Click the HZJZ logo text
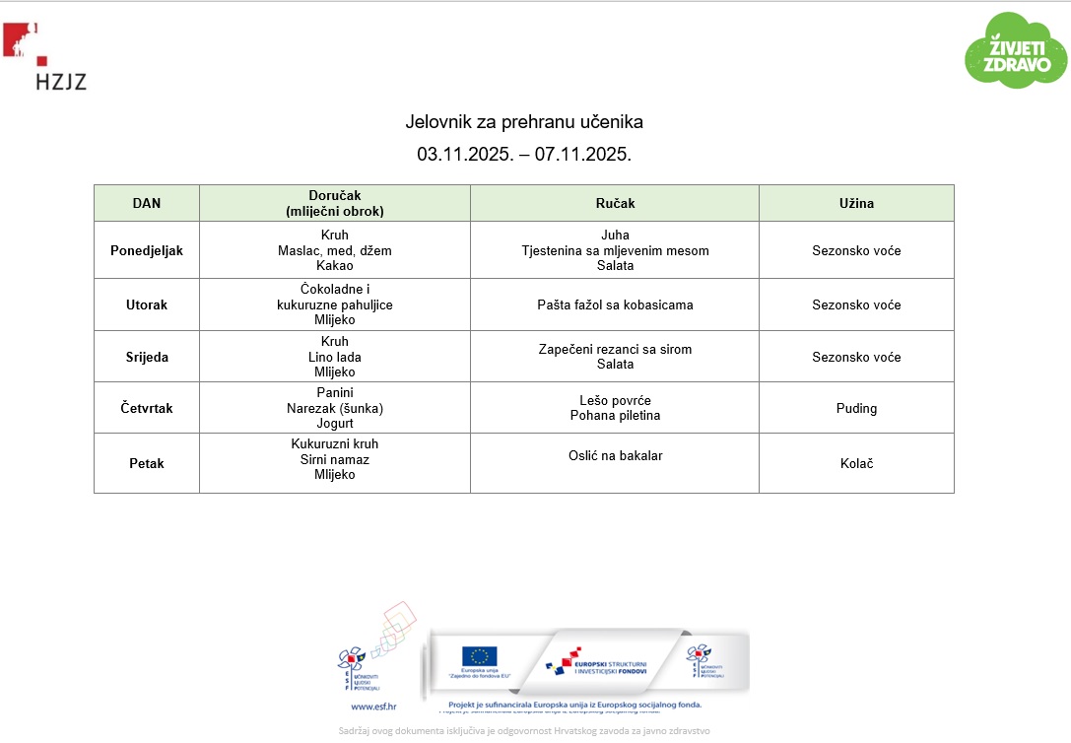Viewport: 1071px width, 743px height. pos(60,81)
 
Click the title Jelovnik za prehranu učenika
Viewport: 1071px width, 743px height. pos(524,122)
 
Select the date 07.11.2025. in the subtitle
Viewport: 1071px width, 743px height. pos(582,154)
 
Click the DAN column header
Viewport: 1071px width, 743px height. pos(147,203)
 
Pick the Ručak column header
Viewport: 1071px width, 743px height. pos(615,203)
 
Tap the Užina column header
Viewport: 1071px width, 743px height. pos(856,203)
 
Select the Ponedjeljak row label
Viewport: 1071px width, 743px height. pos(147,250)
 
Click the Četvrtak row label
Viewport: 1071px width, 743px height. pos(147,408)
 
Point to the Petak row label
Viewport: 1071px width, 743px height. pos(147,463)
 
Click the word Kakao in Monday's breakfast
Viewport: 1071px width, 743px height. pos(334,266)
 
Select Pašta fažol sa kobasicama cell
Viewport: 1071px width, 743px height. pos(615,304)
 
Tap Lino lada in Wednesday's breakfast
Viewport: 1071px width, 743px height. pos(334,357)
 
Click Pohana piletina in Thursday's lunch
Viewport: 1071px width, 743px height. pos(615,416)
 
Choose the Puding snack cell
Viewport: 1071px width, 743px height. pos(856,408)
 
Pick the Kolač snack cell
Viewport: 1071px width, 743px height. pos(856,463)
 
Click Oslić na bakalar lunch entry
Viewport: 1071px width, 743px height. pos(615,455)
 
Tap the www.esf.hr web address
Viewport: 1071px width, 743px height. pos(373,706)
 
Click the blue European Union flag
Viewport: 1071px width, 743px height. pos(480,656)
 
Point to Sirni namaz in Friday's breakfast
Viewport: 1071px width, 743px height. pos(334,459)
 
